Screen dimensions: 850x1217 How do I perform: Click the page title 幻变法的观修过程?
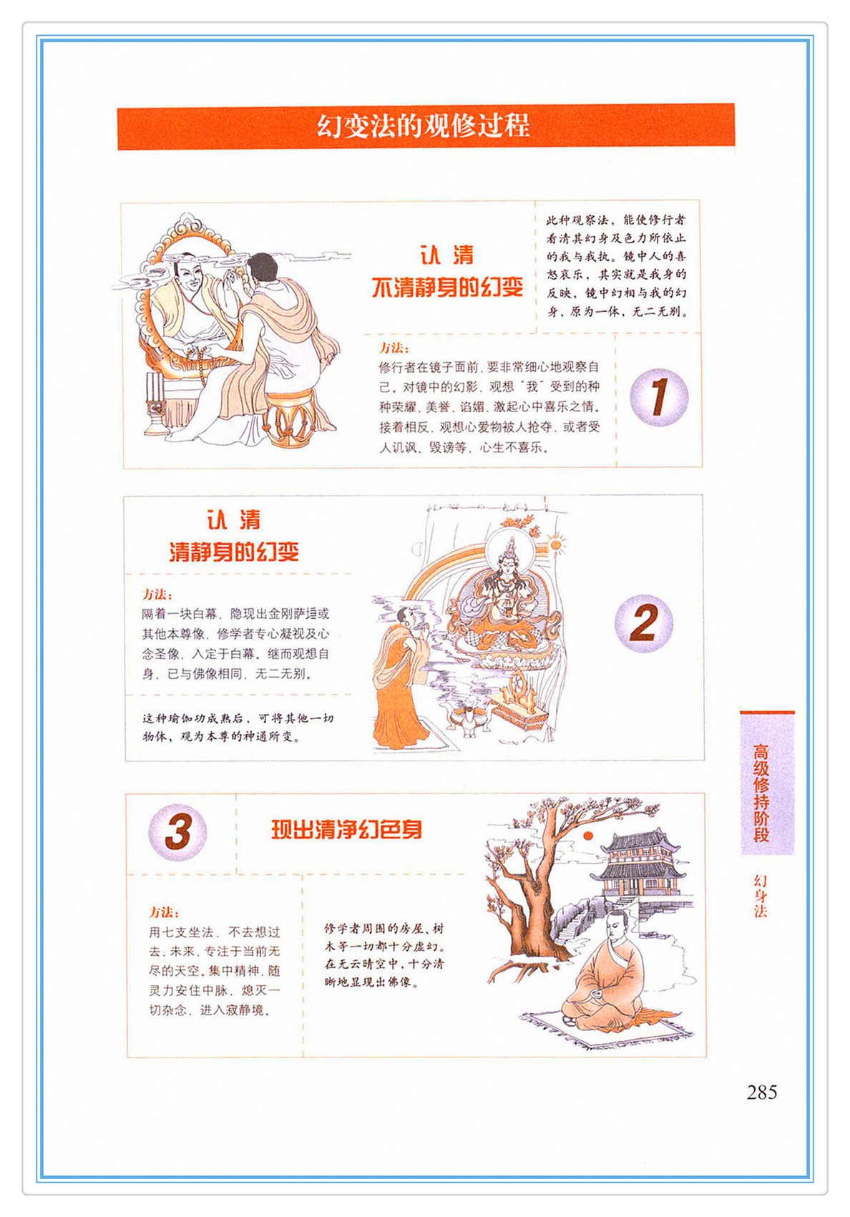(424, 126)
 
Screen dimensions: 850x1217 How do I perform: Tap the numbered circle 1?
(659, 397)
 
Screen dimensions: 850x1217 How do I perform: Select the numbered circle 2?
(644, 624)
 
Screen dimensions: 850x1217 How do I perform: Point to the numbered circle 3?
(177, 833)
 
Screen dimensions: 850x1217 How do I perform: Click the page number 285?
(761, 1092)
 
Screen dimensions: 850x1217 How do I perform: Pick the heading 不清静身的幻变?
(447, 287)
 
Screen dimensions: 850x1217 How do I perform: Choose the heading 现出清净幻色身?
(347, 830)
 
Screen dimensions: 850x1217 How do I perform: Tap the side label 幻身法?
(761, 896)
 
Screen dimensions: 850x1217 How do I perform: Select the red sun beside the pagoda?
(587, 835)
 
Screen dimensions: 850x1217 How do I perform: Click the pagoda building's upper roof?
(641, 841)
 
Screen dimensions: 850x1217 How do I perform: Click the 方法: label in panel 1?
(394, 348)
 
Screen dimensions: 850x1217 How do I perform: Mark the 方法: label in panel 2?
(157, 594)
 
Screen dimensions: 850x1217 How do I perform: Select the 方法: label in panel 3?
(164, 912)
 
